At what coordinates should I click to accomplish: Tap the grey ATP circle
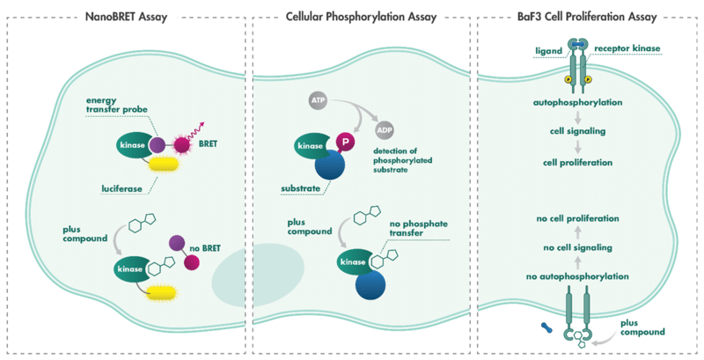(317, 101)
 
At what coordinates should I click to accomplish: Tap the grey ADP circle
(385, 130)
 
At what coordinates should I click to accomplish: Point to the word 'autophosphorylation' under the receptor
(578, 102)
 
